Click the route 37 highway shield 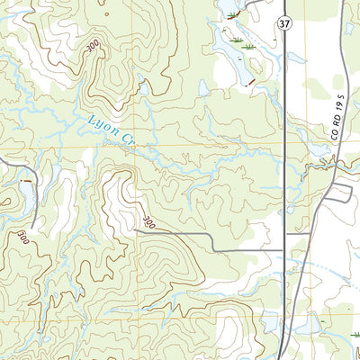(x=284, y=21)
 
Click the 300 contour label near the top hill (x=93, y=54)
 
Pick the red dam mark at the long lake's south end (x=249, y=84)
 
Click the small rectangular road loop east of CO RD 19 (x=338, y=192)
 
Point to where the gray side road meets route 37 (x=284, y=249)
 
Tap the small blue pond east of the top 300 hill (x=143, y=88)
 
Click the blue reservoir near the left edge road (x=29, y=202)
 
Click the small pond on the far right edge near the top (x=349, y=28)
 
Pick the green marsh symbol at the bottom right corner (x=354, y=334)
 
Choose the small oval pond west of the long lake (x=204, y=88)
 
